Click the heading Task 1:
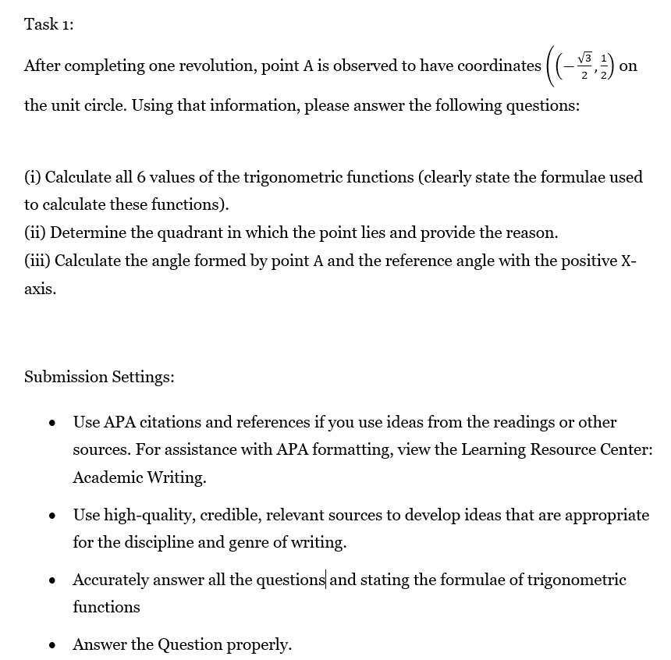tap(49, 24)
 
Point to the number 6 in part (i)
tap(141, 177)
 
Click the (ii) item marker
tap(34, 232)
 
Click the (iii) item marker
tap(37, 261)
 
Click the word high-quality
tap(150, 515)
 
